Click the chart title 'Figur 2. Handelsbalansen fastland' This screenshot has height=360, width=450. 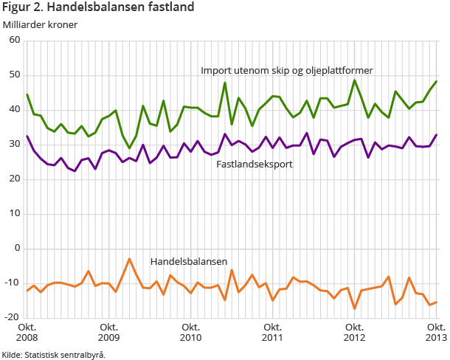coord(98,8)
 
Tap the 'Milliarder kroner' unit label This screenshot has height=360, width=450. coord(41,24)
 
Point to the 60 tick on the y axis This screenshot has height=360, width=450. coord(14,41)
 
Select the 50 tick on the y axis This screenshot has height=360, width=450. coord(14,75)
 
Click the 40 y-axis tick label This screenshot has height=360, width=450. coord(14,110)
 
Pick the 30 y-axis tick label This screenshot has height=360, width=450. coord(14,145)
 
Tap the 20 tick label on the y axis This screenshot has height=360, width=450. coord(14,179)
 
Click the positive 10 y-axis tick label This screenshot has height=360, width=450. coord(14,214)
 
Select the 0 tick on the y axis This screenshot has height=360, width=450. coord(17,249)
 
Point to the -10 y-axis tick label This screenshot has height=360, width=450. coord(13,283)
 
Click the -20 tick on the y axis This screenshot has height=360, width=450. coord(13,317)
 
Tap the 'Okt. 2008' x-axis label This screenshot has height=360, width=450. coord(27,332)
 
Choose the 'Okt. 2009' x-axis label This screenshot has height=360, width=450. coord(109,332)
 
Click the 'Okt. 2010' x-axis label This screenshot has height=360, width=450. coord(191,332)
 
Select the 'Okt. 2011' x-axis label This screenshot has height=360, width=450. coord(273,332)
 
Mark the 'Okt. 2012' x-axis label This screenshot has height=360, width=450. coord(355,332)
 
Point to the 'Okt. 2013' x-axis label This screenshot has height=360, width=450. coord(434,332)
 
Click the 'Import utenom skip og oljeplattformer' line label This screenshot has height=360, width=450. coord(286,71)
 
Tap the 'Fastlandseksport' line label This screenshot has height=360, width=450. coord(255,164)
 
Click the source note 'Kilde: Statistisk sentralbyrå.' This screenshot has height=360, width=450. coord(54,354)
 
